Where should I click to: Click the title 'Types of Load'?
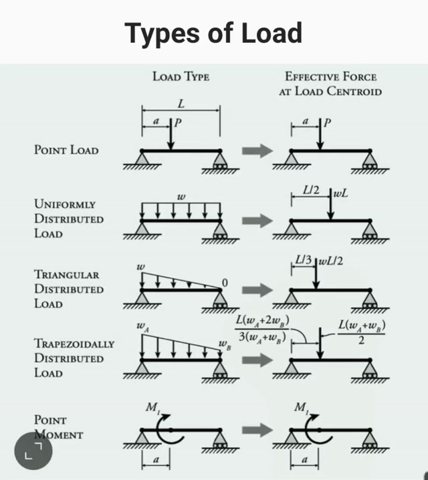[x=213, y=32]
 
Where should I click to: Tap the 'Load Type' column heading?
[x=181, y=77]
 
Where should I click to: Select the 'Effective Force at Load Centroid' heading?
[x=330, y=84]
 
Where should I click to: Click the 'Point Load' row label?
[x=66, y=150]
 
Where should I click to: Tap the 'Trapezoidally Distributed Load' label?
[x=74, y=358]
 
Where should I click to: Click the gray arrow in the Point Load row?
[x=257, y=150]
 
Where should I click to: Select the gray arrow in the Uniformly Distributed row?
[x=257, y=220]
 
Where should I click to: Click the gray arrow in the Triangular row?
[x=257, y=289]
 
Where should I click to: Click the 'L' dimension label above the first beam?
[x=181, y=104]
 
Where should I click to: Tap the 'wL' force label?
[x=342, y=194]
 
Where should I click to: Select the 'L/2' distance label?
[x=310, y=191]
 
